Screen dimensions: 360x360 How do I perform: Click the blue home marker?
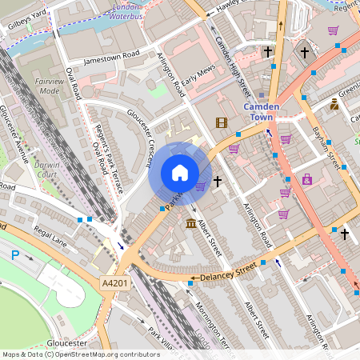[x=180, y=173]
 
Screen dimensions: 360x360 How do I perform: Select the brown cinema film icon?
[x=221, y=122]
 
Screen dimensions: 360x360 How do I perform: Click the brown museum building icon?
[x=191, y=222]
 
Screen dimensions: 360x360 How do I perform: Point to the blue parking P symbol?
[x=14, y=255]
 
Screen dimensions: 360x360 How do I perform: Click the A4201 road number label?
[x=114, y=283]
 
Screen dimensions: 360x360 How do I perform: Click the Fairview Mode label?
[x=49, y=86]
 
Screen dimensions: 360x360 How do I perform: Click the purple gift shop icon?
[x=307, y=179]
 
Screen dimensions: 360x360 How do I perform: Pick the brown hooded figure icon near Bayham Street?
[x=334, y=104]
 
